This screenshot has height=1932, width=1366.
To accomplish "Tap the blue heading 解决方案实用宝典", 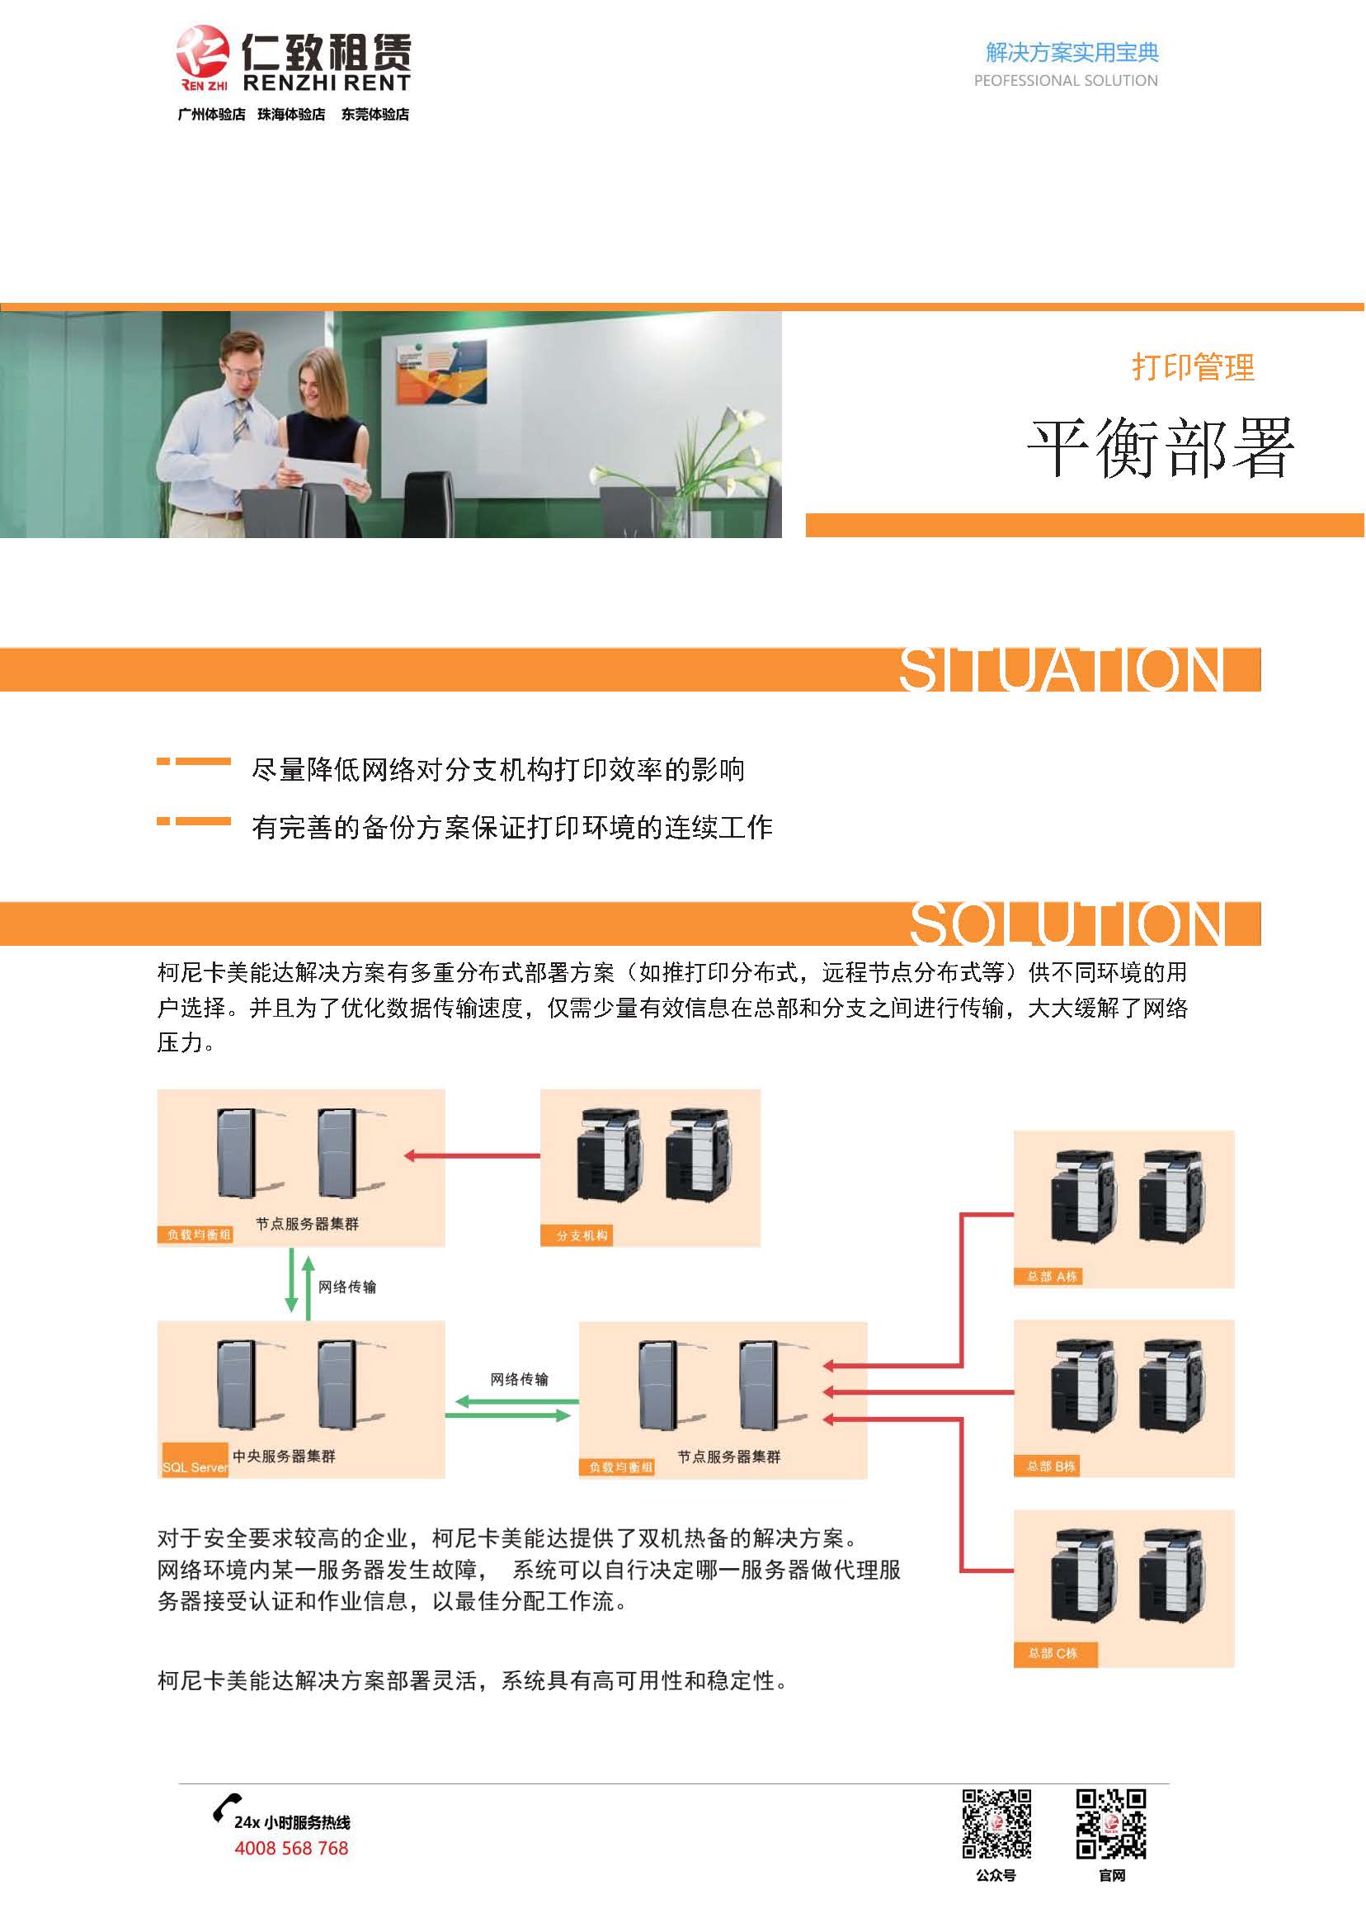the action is pyautogui.click(x=1072, y=52).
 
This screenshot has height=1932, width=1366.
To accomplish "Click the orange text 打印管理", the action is pyautogui.click(x=1193, y=367).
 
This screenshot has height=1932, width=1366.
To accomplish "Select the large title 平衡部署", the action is pyautogui.click(x=1160, y=447).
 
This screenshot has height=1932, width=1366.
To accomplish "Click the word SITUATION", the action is pyautogui.click(x=1062, y=670).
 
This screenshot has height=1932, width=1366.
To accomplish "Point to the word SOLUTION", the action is pyautogui.click(x=1067, y=924).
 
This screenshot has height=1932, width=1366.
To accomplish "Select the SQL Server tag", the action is pyautogui.click(x=195, y=1467).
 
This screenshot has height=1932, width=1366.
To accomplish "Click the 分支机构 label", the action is pyautogui.click(x=582, y=1235).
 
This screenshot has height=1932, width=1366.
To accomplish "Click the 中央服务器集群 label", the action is pyautogui.click(x=284, y=1456).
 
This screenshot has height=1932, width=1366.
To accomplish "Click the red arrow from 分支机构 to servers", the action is pyautogui.click(x=472, y=1155).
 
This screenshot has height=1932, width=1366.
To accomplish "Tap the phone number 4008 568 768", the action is pyautogui.click(x=291, y=1848).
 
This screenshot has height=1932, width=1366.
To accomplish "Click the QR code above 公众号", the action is pyautogui.click(x=996, y=1822).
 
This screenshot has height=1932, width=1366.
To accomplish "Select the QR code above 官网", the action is pyautogui.click(x=1111, y=1822).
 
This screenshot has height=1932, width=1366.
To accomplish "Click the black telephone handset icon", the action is pyautogui.click(x=225, y=1807).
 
